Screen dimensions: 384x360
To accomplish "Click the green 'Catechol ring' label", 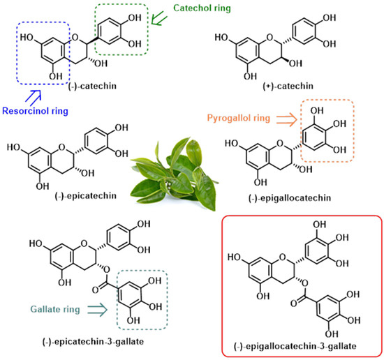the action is coord(202,8).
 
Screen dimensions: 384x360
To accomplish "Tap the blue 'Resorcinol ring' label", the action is coord(35,111).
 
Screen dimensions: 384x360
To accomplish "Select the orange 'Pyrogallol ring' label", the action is coord(239,118).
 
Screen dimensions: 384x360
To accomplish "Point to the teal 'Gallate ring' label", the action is coord(55,309).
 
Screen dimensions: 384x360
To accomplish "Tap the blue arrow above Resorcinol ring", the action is coord(34,98).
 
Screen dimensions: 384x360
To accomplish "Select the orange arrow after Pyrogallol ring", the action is coord(287,119).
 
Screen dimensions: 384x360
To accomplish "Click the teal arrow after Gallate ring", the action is coord(97,310).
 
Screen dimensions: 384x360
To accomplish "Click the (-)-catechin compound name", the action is coord(92,87).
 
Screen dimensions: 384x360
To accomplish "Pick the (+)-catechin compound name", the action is coord(288,87).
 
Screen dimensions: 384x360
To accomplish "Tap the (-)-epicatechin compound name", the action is coord(85,196).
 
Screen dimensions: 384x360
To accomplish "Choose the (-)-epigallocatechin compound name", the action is coord(290,198).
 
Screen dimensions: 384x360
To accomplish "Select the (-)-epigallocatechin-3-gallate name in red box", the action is coord(295,346).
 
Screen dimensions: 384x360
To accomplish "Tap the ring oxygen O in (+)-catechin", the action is coord(269,38).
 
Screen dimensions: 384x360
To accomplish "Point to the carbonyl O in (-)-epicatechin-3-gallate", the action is coord(95,290).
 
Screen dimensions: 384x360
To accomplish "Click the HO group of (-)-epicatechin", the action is coord(13,147).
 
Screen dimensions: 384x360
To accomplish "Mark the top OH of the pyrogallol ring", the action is coord(317,111).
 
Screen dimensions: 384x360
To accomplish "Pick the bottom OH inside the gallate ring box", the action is coord(133,320).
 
